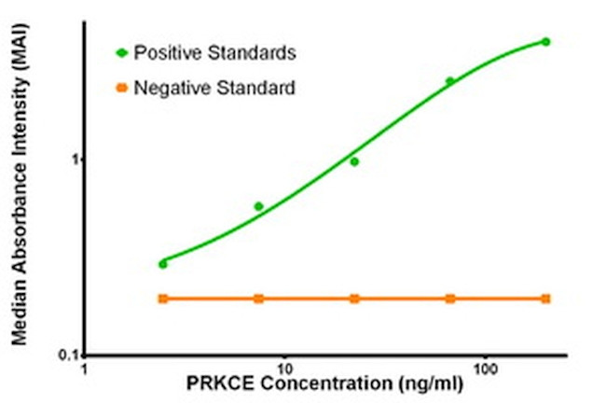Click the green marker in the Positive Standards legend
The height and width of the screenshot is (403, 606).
[120, 53]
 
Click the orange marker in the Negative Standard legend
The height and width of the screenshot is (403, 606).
[120, 89]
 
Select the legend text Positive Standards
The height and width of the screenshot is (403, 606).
[215, 53]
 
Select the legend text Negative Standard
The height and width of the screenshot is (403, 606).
[214, 89]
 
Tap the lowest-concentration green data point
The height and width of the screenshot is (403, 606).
[163, 264]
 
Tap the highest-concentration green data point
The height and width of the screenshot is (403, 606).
[546, 42]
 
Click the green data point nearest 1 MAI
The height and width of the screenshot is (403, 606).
[354, 161]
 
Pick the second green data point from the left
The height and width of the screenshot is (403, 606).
[259, 206]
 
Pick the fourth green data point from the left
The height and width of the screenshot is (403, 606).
[449, 81]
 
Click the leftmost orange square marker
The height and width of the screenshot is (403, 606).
[163, 299]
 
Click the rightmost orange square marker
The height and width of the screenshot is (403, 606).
[546, 299]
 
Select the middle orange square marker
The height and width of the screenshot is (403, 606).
[354, 299]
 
